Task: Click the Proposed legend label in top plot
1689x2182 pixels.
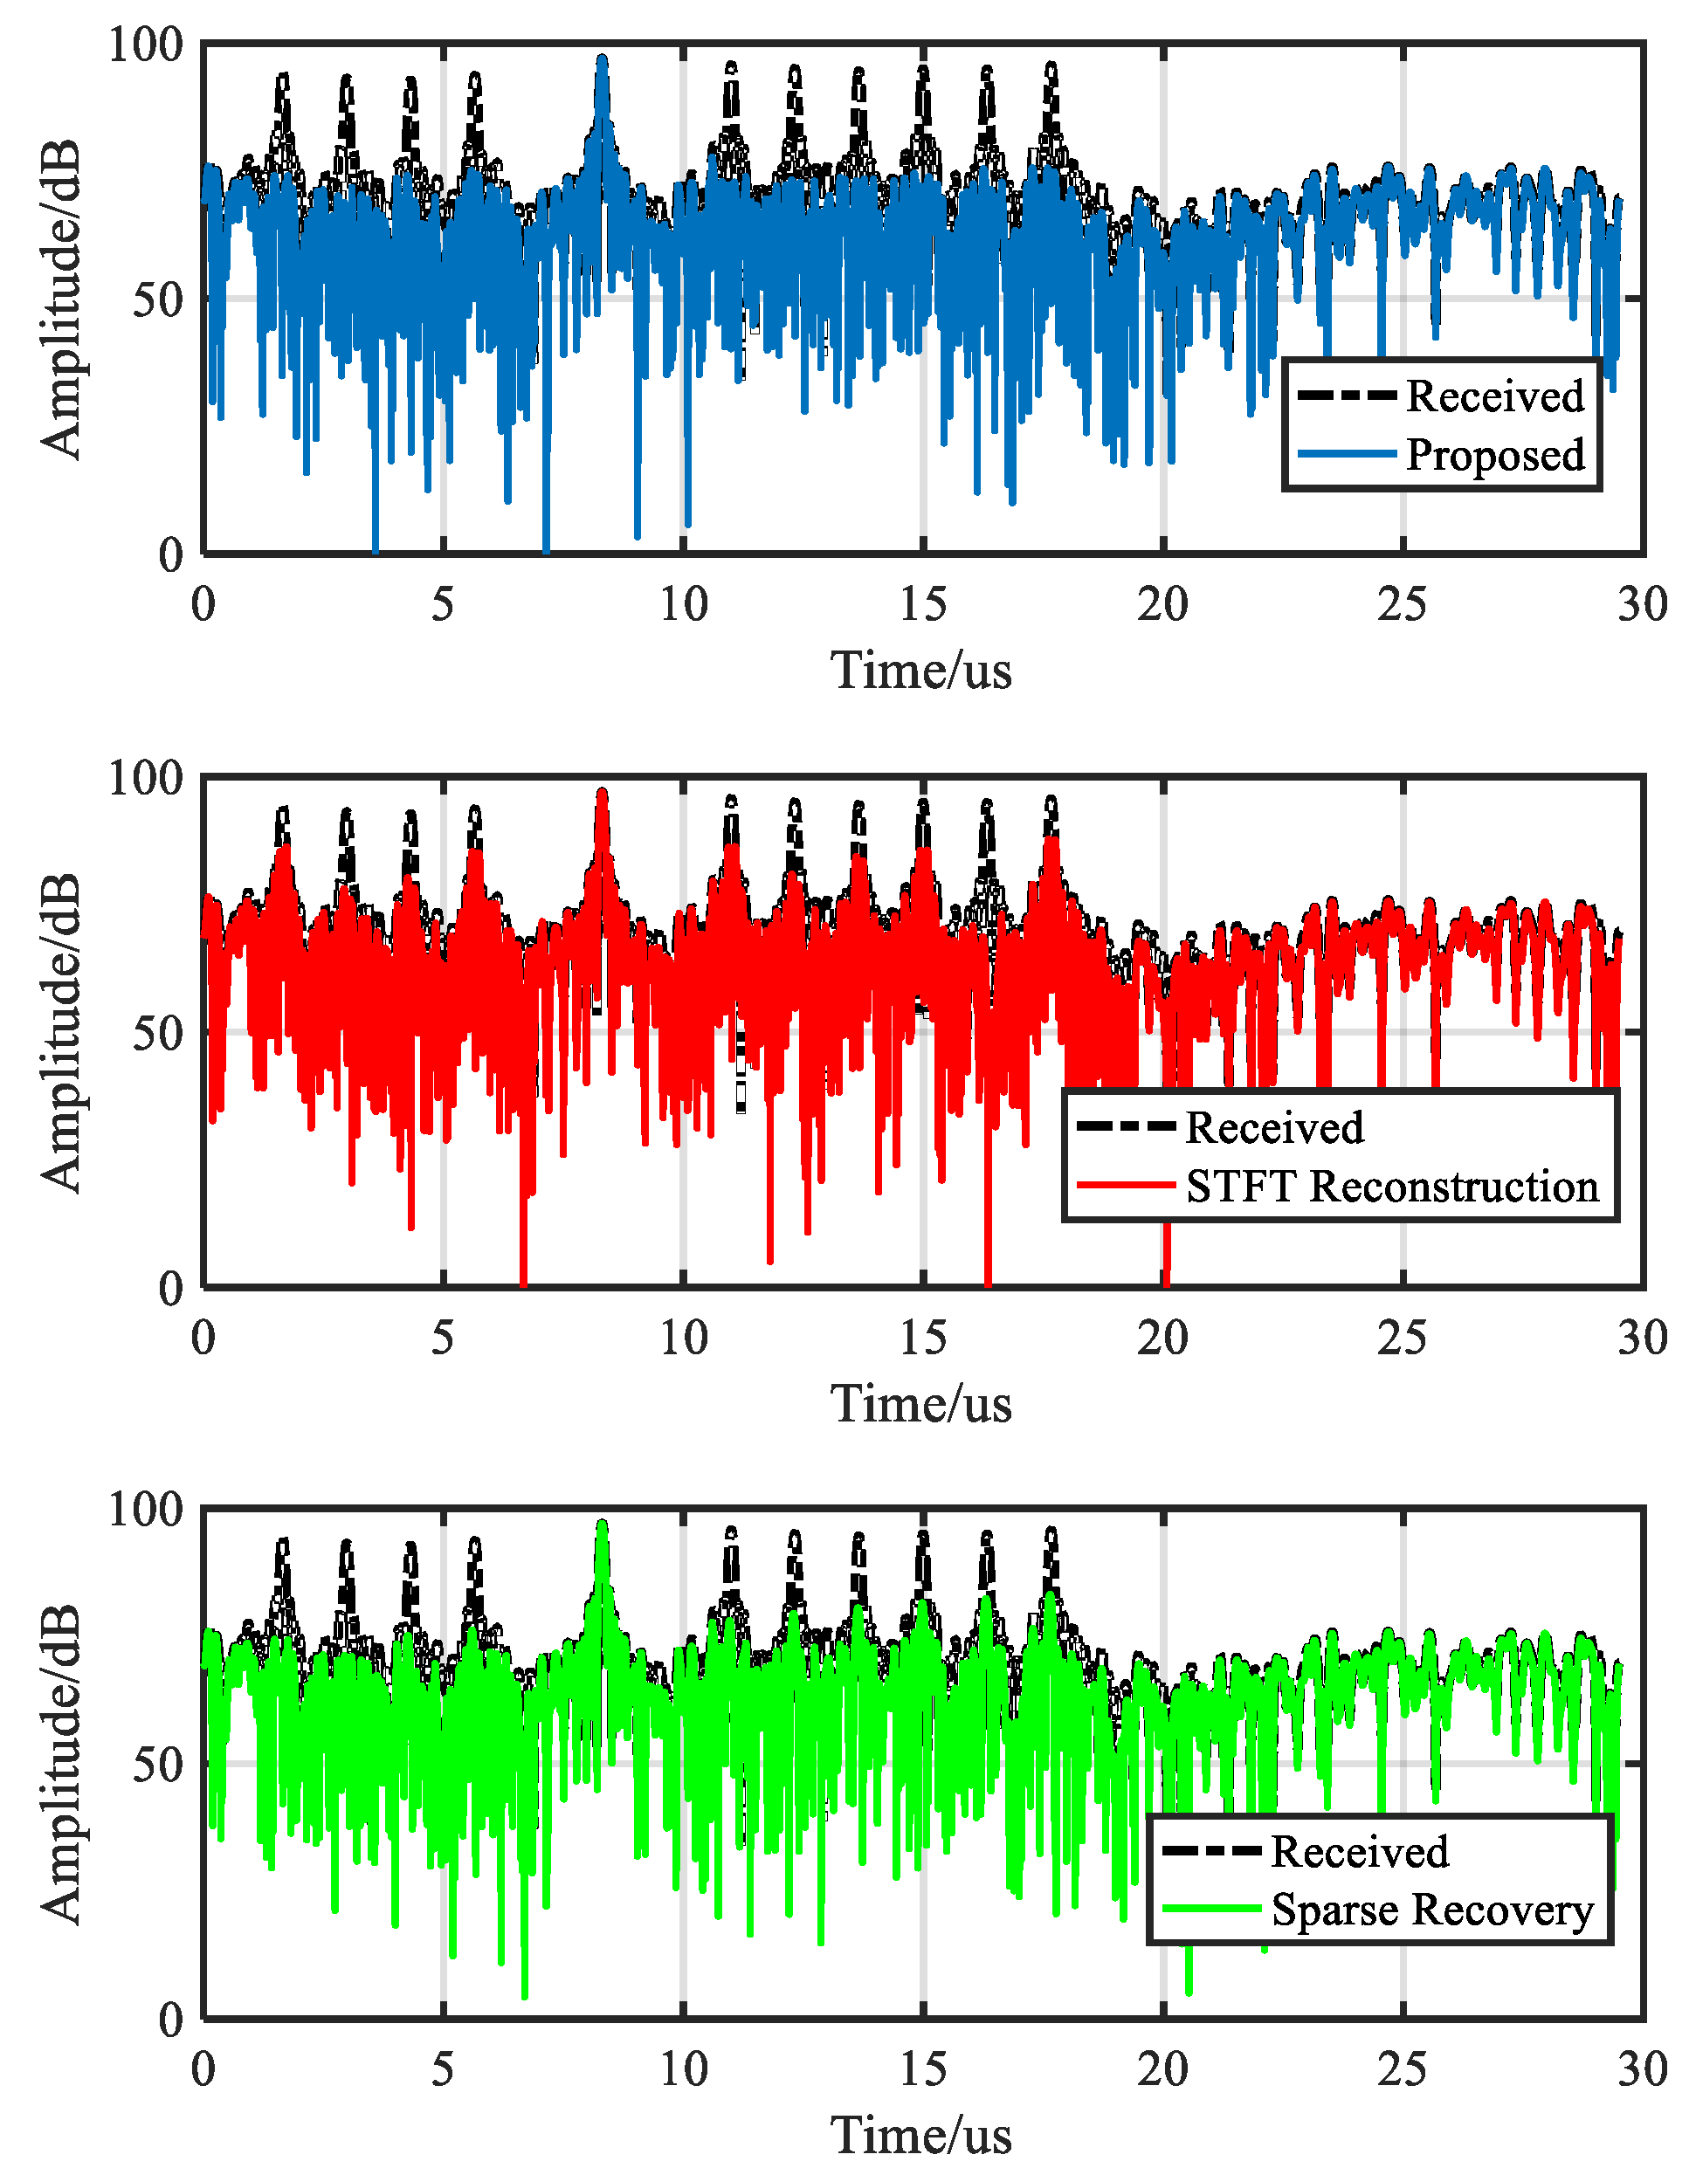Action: pos(1494,456)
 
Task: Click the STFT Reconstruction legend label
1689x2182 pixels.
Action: pos(1391,1187)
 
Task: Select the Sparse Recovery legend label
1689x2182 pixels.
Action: pos(1431,1910)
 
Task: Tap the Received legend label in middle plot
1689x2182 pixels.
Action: pos(1273,1128)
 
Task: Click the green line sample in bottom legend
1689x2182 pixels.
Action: pos(1211,1910)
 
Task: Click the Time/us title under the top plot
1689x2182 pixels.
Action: pos(920,671)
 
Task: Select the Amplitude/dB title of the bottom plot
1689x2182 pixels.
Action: pos(60,1765)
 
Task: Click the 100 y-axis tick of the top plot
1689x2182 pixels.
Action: pos(146,45)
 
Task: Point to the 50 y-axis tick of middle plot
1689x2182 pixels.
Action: pos(158,1032)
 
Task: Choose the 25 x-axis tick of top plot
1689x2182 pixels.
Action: pos(1403,604)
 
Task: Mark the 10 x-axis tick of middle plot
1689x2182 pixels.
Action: pos(684,1338)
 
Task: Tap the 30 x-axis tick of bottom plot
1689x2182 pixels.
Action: pos(1642,2069)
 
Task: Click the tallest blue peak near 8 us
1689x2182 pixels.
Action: pos(602,60)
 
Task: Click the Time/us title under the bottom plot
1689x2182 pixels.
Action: pos(920,2136)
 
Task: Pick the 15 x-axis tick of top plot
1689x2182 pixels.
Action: pos(922,604)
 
